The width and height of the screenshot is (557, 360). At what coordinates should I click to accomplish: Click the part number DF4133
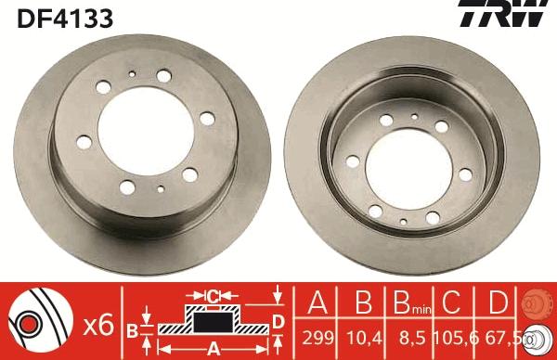coord(65,19)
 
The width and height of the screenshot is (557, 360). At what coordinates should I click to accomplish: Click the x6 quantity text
coord(98,325)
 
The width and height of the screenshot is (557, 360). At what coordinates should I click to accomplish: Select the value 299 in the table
coord(317,338)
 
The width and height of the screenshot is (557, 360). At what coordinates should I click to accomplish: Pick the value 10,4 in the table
coord(364,338)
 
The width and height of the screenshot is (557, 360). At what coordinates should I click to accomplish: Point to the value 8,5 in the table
coord(412,338)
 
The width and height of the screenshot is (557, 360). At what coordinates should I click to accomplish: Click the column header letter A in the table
coord(317,302)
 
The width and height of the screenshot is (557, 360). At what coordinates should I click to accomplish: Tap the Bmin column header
coord(412,302)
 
